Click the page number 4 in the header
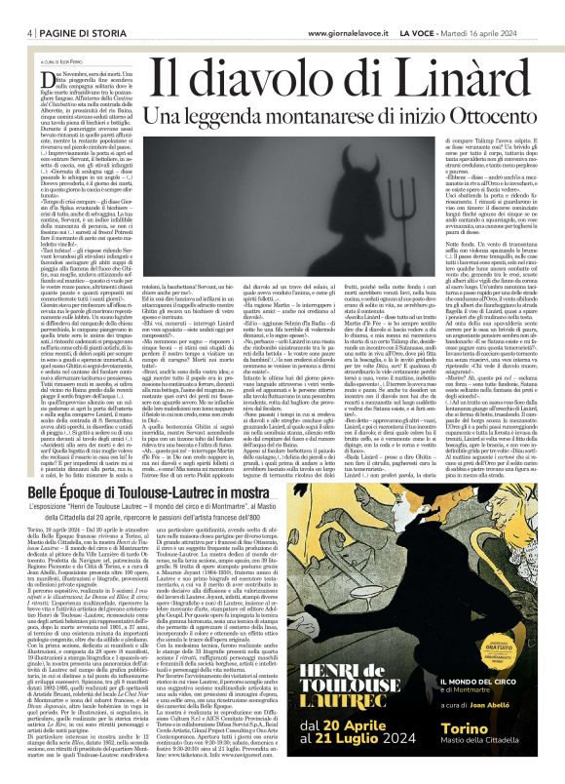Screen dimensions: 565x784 (19, 32)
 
